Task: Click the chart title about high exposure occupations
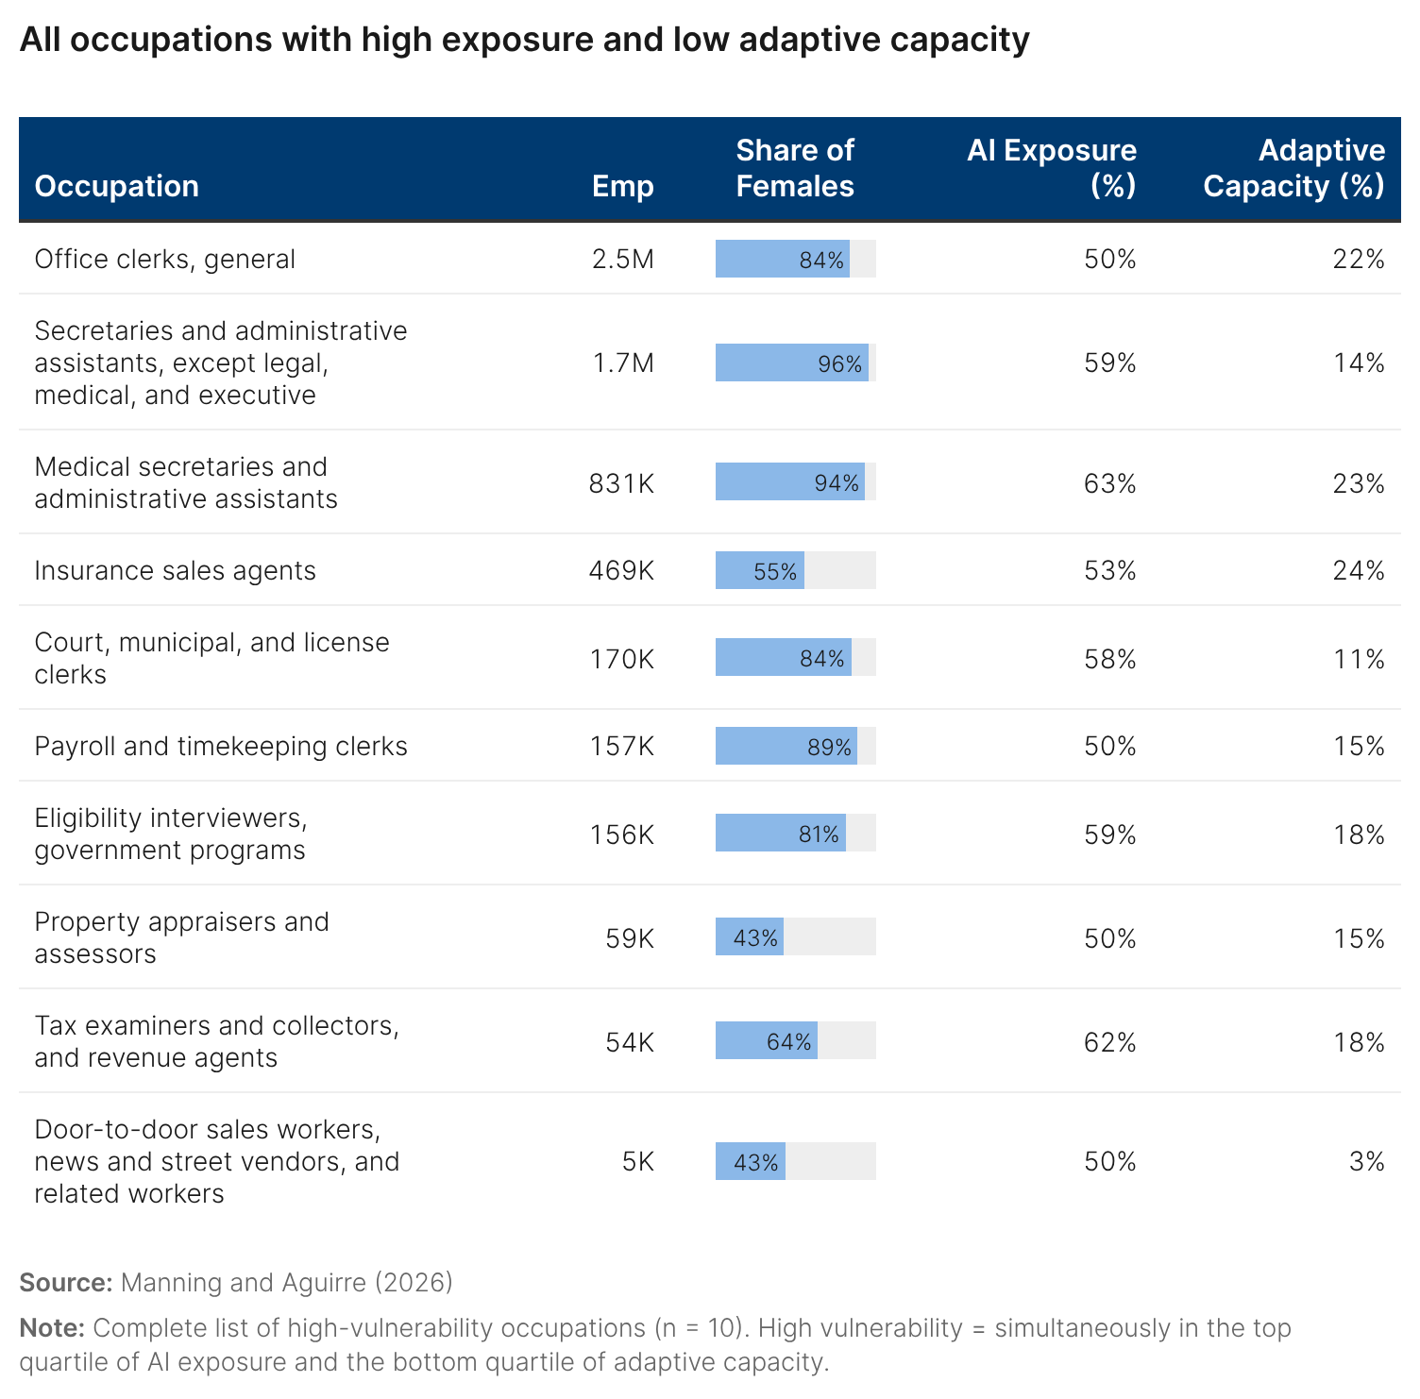(524, 40)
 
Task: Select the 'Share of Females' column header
(794, 168)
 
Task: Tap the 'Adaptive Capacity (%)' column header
(1293, 168)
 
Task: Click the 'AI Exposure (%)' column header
(1052, 168)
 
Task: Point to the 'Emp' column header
(622, 186)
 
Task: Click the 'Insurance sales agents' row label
(175, 570)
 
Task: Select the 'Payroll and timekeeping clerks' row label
(221, 746)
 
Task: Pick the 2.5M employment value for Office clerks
(622, 259)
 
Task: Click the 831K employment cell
(621, 483)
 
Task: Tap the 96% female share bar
(791, 363)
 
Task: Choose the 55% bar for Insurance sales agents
(760, 571)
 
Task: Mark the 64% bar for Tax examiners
(767, 1041)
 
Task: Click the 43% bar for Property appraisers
(750, 937)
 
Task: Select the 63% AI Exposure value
(1109, 483)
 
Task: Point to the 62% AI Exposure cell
(1109, 1042)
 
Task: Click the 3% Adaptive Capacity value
(1366, 1161)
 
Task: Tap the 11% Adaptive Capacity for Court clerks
(1359, 659)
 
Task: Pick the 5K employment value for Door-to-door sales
(637, 1161)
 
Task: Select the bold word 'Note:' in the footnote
(52, 1327)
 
